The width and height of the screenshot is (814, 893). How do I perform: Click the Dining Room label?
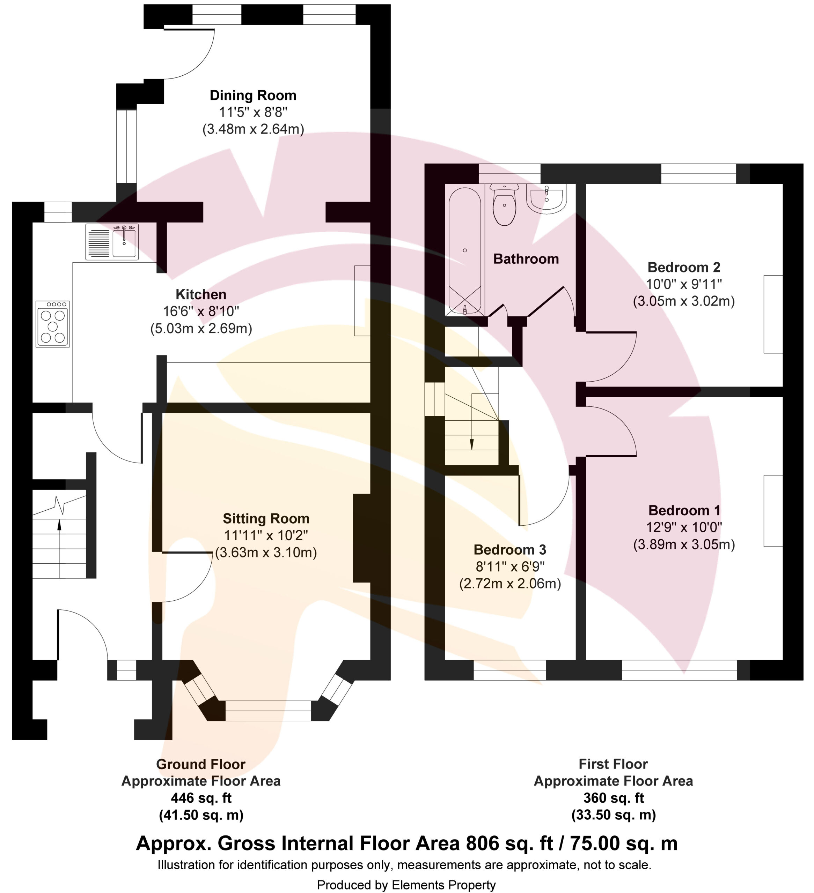pyautogui.click(x=253, y=95)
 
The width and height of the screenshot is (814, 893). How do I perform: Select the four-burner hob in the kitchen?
pyautogui.click(x=53, y=324)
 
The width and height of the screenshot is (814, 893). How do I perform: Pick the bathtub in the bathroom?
pyautogui.click(x=465, y=251)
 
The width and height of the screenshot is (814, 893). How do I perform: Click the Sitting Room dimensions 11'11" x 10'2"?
pyautogui.click(x=266, y=535)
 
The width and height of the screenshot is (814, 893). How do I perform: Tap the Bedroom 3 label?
pyautogui.click(x=510, y=549)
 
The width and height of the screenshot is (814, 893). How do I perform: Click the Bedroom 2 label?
pyautogui.click(x=684, y=267)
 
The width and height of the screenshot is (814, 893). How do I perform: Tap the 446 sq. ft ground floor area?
pyautogui.click(x=201, y=798)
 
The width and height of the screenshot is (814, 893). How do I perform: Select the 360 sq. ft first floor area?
pyautogui.click(x=613, y=798)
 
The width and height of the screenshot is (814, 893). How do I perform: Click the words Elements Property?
pyautogui.click(x=443, y=885)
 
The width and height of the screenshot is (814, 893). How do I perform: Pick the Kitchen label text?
pyautogui.click(x=201, y=294)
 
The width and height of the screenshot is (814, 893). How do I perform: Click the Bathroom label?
pyautogui.click(x=526, y=259)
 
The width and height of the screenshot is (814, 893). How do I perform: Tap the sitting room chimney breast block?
pyautogui.click(x=361, y=538)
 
